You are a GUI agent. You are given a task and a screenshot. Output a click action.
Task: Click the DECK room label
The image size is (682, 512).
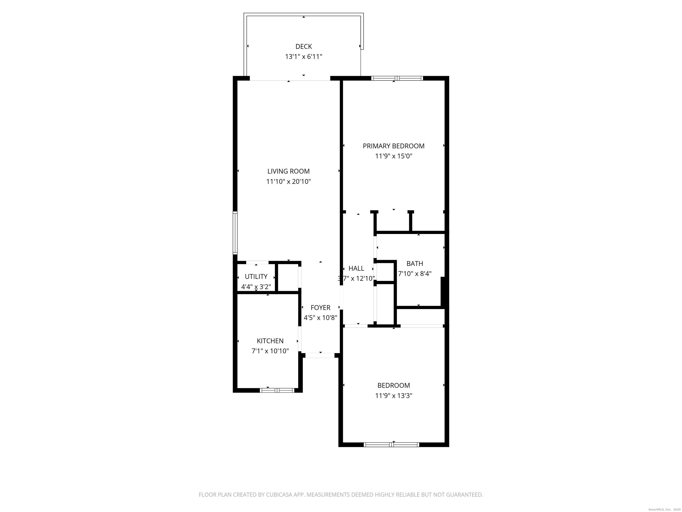(x=304, y=47)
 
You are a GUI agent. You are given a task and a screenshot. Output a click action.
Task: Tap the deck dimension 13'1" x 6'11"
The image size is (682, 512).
(x=304, y=57)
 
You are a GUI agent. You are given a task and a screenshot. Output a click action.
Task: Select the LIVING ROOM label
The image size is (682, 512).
(x=288, y=171)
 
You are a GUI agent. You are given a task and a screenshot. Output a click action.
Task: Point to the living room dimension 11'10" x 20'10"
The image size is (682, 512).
(x=289, y=182)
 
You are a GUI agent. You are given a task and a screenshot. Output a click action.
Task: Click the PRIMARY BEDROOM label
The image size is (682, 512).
(x=393, y=146)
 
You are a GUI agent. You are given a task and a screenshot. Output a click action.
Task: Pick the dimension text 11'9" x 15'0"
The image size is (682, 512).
(x=393, y=156)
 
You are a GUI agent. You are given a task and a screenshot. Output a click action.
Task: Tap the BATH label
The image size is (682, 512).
(x=415, y=264)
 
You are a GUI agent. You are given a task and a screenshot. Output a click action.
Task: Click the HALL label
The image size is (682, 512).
(x=356, y=268)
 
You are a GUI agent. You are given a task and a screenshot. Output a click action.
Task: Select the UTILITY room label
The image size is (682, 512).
(x=256, y=276)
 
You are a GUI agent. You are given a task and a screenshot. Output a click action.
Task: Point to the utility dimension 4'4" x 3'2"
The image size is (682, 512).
(x=256, y=287)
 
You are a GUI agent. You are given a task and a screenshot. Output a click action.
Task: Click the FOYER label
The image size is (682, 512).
(x=320, y=308)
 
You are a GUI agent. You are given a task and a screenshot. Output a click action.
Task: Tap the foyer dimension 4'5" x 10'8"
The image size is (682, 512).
(x=320, y=318)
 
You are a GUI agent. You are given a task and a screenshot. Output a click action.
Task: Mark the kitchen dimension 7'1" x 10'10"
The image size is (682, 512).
(x=270, y=351)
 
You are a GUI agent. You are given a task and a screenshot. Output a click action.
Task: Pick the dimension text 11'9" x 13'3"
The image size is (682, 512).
(x=393, y=396)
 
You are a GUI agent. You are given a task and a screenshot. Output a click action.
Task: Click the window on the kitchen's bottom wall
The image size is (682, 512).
(x=277, y=390)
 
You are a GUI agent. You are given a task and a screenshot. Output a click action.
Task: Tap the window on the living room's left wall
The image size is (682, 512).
(x=235, y=233)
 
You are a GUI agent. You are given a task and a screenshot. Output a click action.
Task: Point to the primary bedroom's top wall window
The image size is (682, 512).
(x=397, y=78)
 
